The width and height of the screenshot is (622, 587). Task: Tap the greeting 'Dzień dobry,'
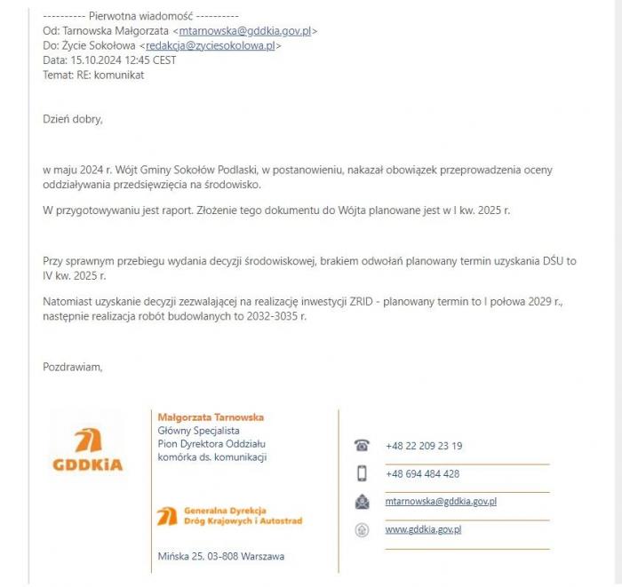click(73, 118)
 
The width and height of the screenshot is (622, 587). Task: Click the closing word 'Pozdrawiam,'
click(73, 365)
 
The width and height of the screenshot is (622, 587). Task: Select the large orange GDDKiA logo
click(87, 448)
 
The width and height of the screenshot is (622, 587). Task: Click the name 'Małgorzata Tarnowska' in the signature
click(211, 416)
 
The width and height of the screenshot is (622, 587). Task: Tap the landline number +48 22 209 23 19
click(424, 446)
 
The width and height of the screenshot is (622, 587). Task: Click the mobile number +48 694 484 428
click(422, 473)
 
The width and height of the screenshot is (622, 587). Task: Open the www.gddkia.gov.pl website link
click(423, 530)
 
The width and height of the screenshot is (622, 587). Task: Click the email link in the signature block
click(440, 502)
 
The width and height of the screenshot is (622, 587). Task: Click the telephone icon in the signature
click(362, 446)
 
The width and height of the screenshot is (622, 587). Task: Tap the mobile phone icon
click(362, 473)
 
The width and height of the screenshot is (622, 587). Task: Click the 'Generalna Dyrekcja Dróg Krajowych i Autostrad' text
click(242, 516)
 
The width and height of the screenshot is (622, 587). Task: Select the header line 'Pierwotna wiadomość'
click(140, 16)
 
